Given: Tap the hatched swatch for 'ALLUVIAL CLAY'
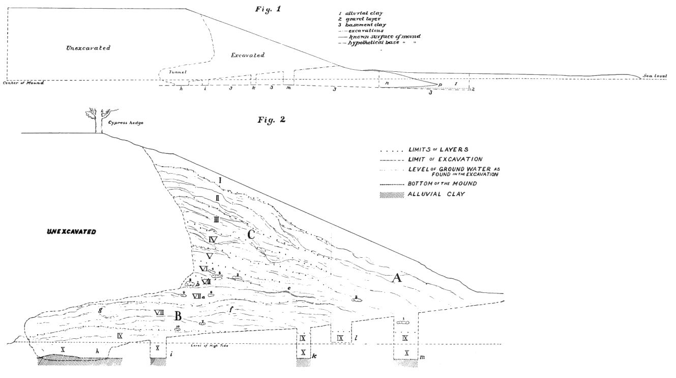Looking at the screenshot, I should [x=392, y=194].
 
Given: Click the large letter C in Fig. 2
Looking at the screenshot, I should [x=251, y=235].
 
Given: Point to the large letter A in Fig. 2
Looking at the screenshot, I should [x=396, y=278].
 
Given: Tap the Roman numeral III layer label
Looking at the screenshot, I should [x=216, y=220].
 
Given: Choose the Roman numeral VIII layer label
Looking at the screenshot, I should [x=159, y=312].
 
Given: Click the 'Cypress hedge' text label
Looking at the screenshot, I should [x=125, y=123].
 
